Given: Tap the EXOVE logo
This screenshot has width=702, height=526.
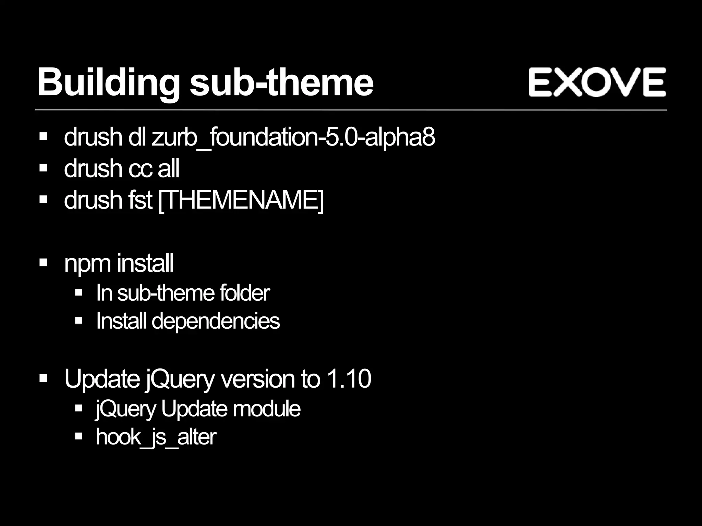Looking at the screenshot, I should point(597,82).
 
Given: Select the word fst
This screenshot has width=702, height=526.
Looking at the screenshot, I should point(140,200).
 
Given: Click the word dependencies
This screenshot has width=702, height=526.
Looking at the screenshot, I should point(216,322).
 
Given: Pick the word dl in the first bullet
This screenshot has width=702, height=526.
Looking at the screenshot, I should point(137,137).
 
